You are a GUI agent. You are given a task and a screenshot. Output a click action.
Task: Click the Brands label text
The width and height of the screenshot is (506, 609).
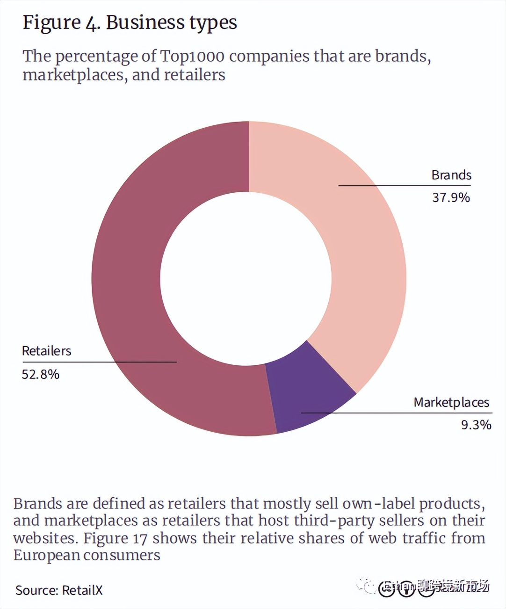point(451,175)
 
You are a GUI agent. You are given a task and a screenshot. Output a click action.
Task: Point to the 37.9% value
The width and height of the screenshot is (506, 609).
point(451,197)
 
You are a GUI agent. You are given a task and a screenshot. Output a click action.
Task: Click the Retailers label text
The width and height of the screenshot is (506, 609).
point(46,351)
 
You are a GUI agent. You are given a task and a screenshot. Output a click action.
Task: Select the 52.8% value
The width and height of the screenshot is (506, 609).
point(41,374)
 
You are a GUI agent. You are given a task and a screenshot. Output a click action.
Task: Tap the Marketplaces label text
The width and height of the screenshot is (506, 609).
point(451,402)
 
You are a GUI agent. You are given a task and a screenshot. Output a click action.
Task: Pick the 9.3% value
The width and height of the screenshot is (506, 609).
point(476,425)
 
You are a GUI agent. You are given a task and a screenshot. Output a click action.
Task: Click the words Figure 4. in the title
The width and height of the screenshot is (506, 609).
point(61,22)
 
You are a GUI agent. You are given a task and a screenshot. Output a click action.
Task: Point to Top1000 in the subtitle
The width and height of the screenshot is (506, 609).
point(192,56)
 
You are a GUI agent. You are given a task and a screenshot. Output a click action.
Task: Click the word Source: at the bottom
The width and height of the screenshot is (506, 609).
point(36,590)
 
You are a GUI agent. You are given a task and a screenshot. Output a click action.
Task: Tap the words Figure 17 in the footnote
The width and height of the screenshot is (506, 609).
point(115,538)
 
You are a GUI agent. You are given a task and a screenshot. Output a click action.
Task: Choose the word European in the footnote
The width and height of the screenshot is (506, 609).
point(46,555)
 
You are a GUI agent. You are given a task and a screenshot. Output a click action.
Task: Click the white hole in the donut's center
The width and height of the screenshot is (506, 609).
point(246,279)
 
